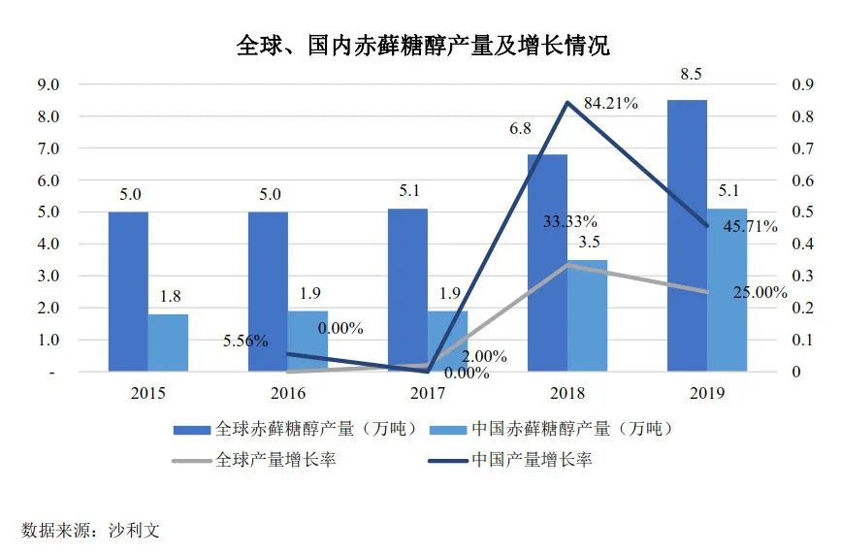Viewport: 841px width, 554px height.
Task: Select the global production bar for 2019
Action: coord(687,235)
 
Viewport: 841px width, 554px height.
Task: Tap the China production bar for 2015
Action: coord(168,342)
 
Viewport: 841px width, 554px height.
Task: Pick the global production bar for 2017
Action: coord(407,289)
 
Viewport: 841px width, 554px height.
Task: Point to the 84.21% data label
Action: coord(610,103)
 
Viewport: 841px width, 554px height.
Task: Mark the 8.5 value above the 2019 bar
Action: coord(687,77)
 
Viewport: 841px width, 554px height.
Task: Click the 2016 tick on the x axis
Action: coord(288,394)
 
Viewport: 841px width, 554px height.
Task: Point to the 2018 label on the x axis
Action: coord(567,394)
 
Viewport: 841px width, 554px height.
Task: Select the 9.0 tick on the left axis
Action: coord(48,85)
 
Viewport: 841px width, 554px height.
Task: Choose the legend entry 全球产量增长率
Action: coord(275,460)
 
